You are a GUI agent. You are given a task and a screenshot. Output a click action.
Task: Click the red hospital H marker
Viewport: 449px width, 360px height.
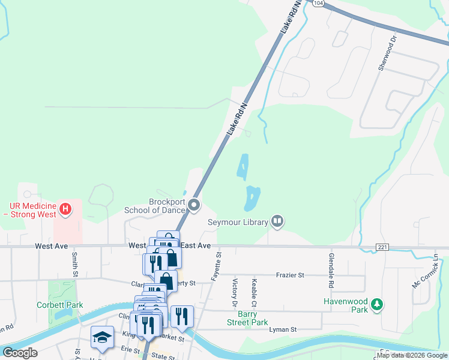click(x=66, y=210)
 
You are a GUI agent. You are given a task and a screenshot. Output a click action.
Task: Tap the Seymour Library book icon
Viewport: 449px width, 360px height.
click(x=277, y=222)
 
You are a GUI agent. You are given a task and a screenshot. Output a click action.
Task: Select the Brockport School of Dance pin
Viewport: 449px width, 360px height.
click(x=194, y=206)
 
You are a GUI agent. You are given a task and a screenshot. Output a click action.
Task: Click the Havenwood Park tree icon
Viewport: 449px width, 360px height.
click(x=376, y=304)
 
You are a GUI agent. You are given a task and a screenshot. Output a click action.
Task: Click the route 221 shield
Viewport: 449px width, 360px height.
click(x=382, y=247)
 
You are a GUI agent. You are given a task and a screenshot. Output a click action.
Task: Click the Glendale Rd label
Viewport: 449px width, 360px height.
click(x=330, y=268)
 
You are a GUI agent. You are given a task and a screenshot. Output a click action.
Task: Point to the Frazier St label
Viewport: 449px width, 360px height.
click(x=290, y=275)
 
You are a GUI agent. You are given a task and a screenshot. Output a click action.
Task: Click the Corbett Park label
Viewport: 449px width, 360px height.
click(x=59, y=305)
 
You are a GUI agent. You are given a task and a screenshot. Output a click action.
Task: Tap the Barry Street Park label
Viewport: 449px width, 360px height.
click(x=244, y=318)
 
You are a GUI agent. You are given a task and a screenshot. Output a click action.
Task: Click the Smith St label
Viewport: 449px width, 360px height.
click(x=74, y=264)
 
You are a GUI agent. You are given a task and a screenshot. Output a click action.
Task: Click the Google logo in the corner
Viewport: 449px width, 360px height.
click(x=20, y=353)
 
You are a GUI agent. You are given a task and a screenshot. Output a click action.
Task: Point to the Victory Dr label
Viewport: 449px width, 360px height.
click(x=235, y=291)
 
